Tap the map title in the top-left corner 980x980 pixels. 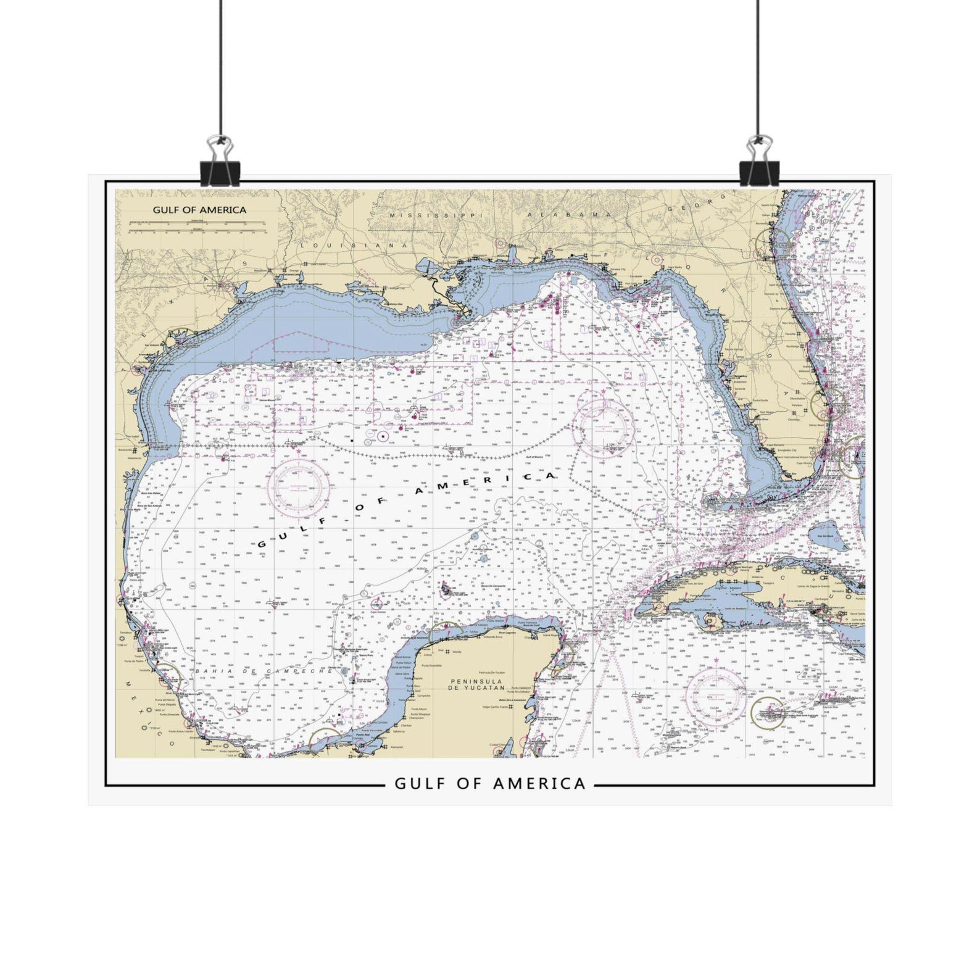click(x=199, y=210)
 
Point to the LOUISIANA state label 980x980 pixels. click(x=354, y=245)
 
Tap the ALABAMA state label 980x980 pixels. click(x=568, y=214)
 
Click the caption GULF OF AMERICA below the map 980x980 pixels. click(x=489, y=784)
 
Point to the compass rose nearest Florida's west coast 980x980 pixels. click(x=600, y=424)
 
